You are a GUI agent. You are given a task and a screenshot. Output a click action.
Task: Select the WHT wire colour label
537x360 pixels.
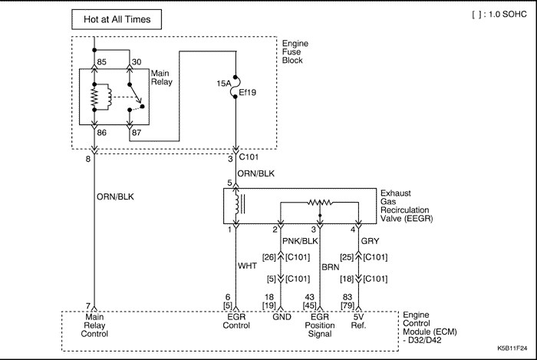pos(247,266)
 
